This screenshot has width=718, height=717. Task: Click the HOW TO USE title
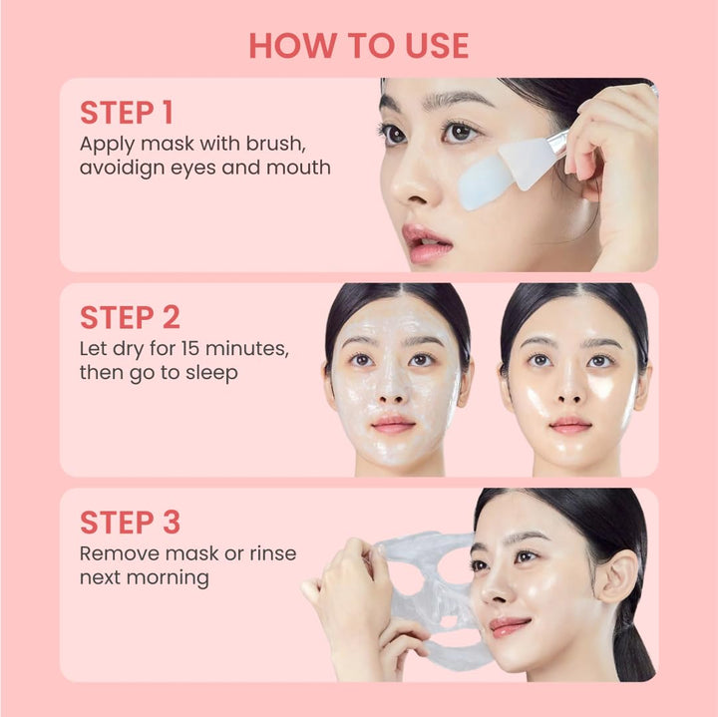click(x=359, y=46)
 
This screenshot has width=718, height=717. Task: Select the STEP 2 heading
click(x=131, y=317)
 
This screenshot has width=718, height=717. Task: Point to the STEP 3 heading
click(x=131, y=523)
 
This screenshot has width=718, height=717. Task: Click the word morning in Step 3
click(x=176, y=578)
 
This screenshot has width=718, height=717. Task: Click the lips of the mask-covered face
click(x=394, y=424)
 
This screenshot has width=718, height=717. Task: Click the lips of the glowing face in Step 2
click(x=570, y=424)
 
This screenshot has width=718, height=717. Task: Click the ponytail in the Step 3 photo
click(x=633, y=648)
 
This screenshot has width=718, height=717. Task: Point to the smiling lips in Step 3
click(x=509, y=626)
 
